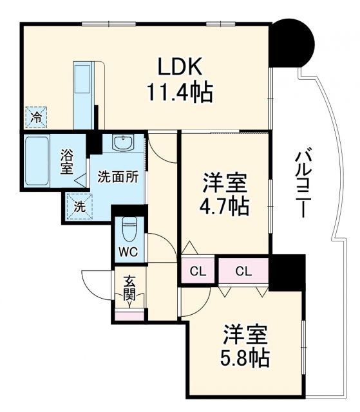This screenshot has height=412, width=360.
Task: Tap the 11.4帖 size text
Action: tap(181, 94)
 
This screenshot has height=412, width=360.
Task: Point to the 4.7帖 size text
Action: tap(224, 207)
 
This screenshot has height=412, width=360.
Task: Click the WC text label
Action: tap(127, 250)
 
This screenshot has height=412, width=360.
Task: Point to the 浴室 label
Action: tap(67, 162)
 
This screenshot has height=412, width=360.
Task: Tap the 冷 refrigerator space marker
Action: tap(37, 117)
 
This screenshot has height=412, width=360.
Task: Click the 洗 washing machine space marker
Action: tap(78, 207)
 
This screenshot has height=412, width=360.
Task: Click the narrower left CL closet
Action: tap(198, 271)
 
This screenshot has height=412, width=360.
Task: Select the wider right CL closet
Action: tap(243, 271)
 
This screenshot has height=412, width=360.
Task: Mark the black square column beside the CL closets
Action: tap(287, 271)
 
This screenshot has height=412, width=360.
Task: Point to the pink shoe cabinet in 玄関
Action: tap(131, 315)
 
